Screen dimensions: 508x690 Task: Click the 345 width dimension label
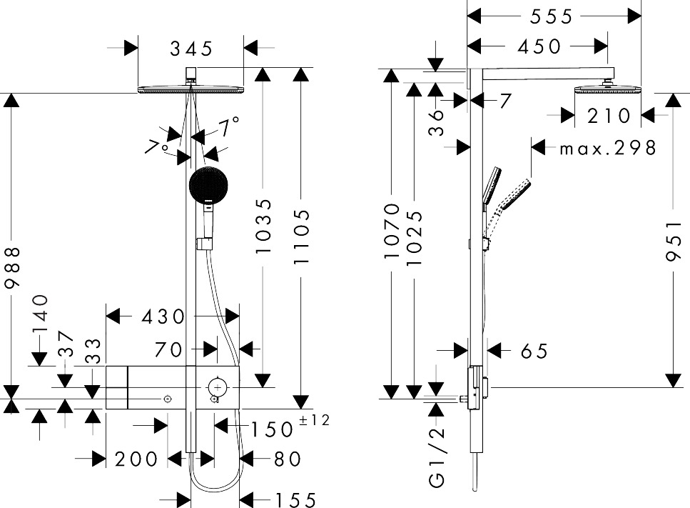(191, 49)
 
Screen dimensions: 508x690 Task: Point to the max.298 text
(607, 148)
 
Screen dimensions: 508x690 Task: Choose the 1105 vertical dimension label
(302, 238)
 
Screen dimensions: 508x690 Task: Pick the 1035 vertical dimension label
(264, 227)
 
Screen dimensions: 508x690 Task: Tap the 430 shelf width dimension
(164, 316)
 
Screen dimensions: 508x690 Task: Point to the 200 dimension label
(136, 459)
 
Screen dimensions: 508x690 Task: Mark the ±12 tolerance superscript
(314, 421)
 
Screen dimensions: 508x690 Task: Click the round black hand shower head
(209, 185)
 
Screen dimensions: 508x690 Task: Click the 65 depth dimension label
(533, 351)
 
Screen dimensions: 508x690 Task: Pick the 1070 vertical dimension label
(392, 231)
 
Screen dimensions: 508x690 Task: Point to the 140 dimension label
(40, 314)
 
